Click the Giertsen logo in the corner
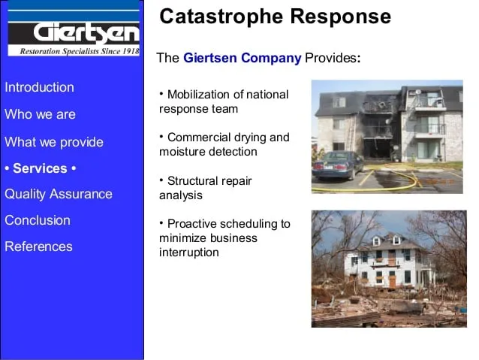(x=74, y=32)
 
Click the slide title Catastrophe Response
(x=275, y=17)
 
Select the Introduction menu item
(x=39, y=87)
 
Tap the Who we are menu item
(x=40, y=114)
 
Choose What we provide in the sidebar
(x=54, y=142)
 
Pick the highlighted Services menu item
(x=41, y=168)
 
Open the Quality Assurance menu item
(x=59, y=194)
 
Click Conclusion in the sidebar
(x=38, y=220)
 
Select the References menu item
(x=38, y=247)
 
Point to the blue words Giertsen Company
(x=242, y=58)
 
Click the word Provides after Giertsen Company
(x=331, y=58)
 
